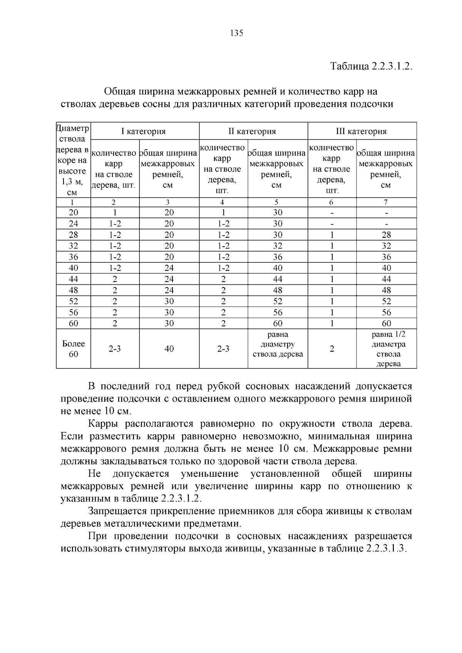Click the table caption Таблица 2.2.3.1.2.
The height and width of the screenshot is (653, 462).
372,66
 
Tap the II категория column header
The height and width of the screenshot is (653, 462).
253,131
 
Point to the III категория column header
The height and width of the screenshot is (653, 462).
361,131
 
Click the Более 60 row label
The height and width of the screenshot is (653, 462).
74,349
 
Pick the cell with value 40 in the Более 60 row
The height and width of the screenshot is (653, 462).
169,349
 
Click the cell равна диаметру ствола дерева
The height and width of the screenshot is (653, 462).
278,344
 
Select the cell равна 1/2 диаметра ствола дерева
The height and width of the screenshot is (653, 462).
386,349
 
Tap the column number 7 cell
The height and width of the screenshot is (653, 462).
386,202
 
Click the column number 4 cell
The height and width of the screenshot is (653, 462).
223,202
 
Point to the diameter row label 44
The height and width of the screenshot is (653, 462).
74,279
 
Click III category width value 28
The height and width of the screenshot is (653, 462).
386,235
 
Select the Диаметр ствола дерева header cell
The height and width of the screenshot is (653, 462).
73,160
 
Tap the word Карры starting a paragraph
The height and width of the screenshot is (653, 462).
103,424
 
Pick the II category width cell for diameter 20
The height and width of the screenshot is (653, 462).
278,212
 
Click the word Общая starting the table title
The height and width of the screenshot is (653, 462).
120,92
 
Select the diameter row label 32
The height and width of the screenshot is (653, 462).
74,246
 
